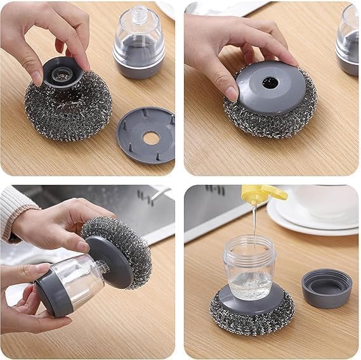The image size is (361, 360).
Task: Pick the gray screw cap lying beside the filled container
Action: pos(327,288)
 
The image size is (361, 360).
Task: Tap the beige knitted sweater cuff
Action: pos(14,212)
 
